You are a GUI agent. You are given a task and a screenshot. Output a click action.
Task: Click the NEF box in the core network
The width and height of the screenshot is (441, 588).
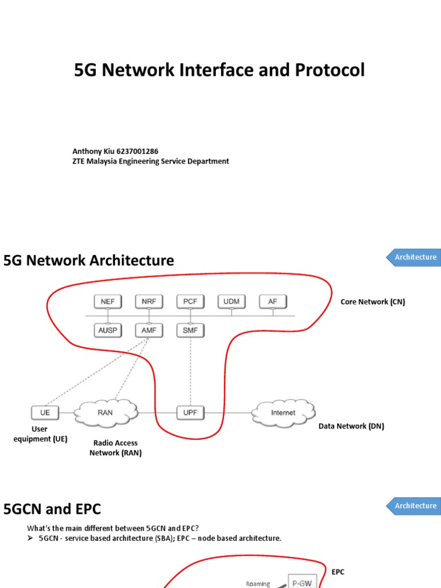pyautogui.click(x=107, y=301)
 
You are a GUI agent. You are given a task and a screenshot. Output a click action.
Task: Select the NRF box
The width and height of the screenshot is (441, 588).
pyautogui.click(x=149, y=301)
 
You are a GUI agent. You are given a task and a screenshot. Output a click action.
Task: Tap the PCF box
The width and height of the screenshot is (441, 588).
pyautogui.click(x=190, y=301)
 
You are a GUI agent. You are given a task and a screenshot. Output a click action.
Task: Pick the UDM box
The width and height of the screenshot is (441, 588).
pyautogui.click(x=231, y=301)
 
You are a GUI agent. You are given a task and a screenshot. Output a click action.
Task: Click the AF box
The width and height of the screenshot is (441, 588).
pyautogui.click(x=273, y=301)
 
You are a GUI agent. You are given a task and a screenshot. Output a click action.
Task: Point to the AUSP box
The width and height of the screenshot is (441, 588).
pyautogui.click(x=107, y=331)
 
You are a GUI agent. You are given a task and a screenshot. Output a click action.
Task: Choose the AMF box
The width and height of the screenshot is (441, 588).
pyautogui.click(x=149, y=331)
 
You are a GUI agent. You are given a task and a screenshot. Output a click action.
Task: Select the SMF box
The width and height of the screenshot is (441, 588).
pyautogui.click(x=190, y=331)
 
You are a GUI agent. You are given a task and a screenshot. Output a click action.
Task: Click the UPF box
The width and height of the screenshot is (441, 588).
pyautogui.click(x=190, y=412)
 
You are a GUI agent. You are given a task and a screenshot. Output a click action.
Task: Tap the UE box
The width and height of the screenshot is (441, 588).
pyautogui.click(x=45, y=412)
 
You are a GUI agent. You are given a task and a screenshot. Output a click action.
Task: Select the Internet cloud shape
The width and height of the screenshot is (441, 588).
pyautogui.click(x=283, y=412)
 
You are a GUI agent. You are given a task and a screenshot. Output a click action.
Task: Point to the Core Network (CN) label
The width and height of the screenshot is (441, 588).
pyautogui.click(x=373, y=301)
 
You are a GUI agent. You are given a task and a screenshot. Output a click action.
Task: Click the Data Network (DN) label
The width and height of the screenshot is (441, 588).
pyautogui.click(x=351, y=426)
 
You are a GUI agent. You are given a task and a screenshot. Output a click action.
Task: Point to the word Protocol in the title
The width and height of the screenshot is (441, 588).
pyautogui.click(x=330, y=70)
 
